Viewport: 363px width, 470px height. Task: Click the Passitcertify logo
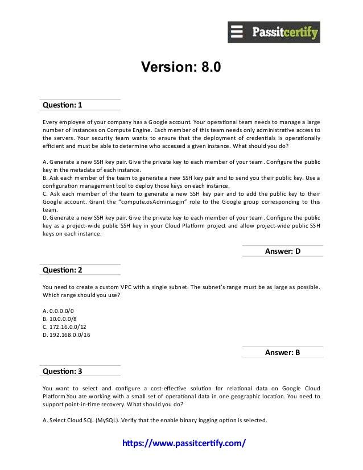[274, 32]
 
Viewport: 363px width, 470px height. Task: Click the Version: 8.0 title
[180, 68]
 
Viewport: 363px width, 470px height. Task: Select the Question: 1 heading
[63, 105]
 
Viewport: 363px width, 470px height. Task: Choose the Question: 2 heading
[63, 269]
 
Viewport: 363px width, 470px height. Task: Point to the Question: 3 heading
[63, 371]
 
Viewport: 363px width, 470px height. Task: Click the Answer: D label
[283, 251]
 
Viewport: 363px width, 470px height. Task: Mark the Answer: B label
[283, 352]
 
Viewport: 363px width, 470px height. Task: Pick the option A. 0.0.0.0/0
[58, 311]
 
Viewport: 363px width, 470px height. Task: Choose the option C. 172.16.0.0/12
[61, 327]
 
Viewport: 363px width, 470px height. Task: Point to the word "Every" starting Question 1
[51, 122]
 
